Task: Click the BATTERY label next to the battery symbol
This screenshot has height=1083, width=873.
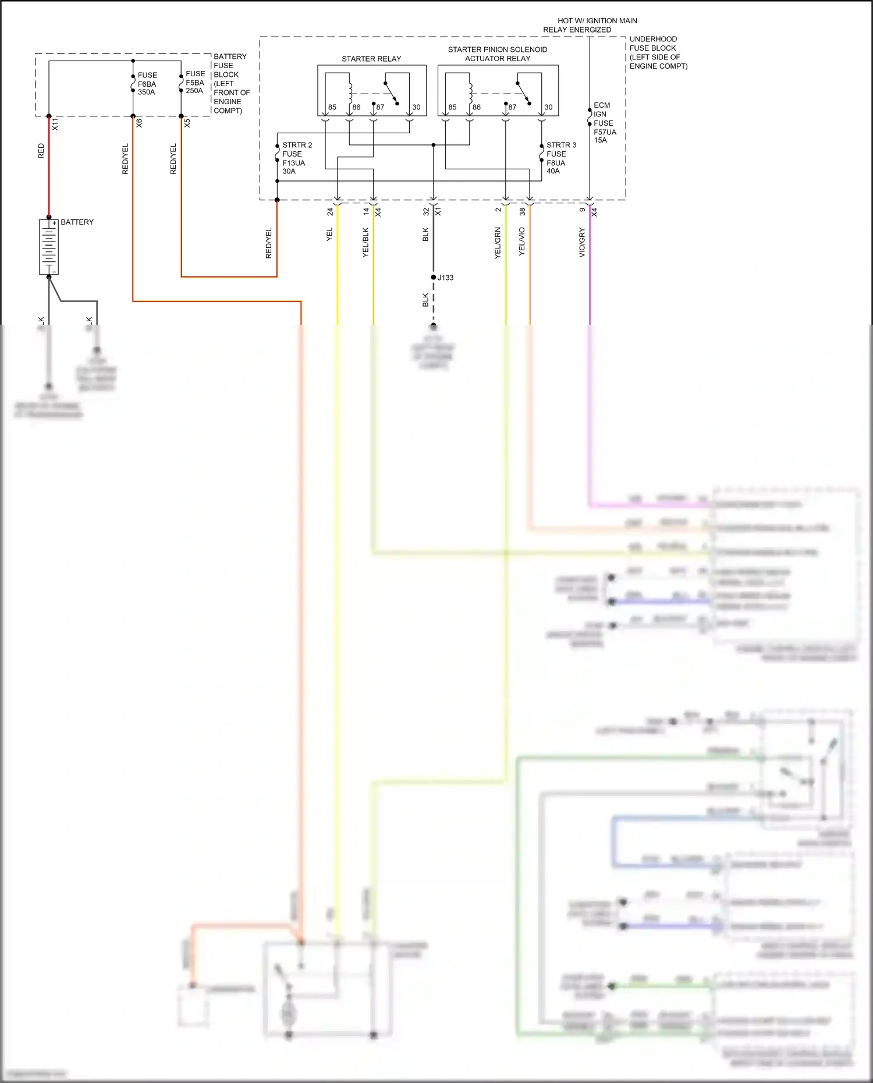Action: coord(77,222)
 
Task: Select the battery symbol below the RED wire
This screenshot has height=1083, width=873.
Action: coord(49,247)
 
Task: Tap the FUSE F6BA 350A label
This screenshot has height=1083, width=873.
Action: coord(147,84)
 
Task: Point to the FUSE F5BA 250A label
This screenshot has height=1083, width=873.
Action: coord(195,82)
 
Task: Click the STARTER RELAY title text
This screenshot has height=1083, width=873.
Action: coord(371,59)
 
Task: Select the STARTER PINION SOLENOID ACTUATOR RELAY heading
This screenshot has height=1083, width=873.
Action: coord(498,54)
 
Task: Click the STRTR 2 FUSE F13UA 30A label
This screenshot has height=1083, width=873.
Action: coord(296,158)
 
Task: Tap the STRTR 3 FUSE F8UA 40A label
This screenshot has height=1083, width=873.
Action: coord(560,158)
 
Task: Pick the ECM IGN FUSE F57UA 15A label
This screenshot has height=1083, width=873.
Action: coord(604,123)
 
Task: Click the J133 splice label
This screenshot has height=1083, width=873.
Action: coord(446,278)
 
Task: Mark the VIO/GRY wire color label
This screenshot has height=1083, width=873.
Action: coord(582,243)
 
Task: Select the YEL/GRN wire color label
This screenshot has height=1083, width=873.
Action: coord(498,243)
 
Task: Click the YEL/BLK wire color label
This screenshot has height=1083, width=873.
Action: coord(365,243)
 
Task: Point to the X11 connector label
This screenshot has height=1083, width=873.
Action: coord(55,124)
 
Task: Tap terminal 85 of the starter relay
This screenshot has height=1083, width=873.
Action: coord(332,107)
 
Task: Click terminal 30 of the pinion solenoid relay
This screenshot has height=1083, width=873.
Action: coord(548,107)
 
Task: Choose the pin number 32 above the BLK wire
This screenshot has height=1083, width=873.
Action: coord(425,212)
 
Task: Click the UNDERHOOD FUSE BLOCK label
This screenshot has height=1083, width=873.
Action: coord(658,52)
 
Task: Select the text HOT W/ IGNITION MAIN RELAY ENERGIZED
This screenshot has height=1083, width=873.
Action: coord(590,25)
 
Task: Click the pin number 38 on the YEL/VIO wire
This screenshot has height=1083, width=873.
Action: coord(522,212)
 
